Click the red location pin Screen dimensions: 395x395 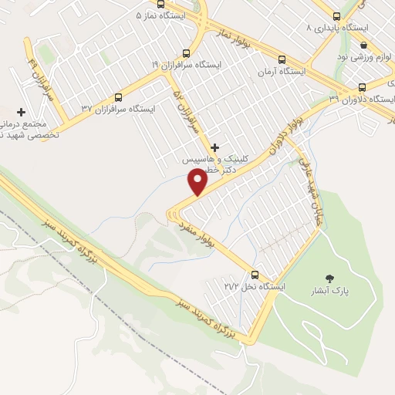tap(198, 181)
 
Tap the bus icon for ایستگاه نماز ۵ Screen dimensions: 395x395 tap(161, 5)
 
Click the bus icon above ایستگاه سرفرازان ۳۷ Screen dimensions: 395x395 tap(118, 97)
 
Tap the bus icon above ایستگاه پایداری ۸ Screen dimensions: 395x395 tap(336, 15)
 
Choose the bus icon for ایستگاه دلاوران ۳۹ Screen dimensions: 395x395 tap(363, 86)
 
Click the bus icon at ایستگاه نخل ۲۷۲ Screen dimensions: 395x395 tap(255, 274)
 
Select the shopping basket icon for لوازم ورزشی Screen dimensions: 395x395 tap(363, 44)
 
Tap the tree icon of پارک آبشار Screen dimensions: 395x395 tap(330, 279)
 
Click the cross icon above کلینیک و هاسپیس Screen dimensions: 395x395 tap(214, 147)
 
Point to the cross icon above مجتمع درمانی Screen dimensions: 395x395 tap(22, 113)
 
